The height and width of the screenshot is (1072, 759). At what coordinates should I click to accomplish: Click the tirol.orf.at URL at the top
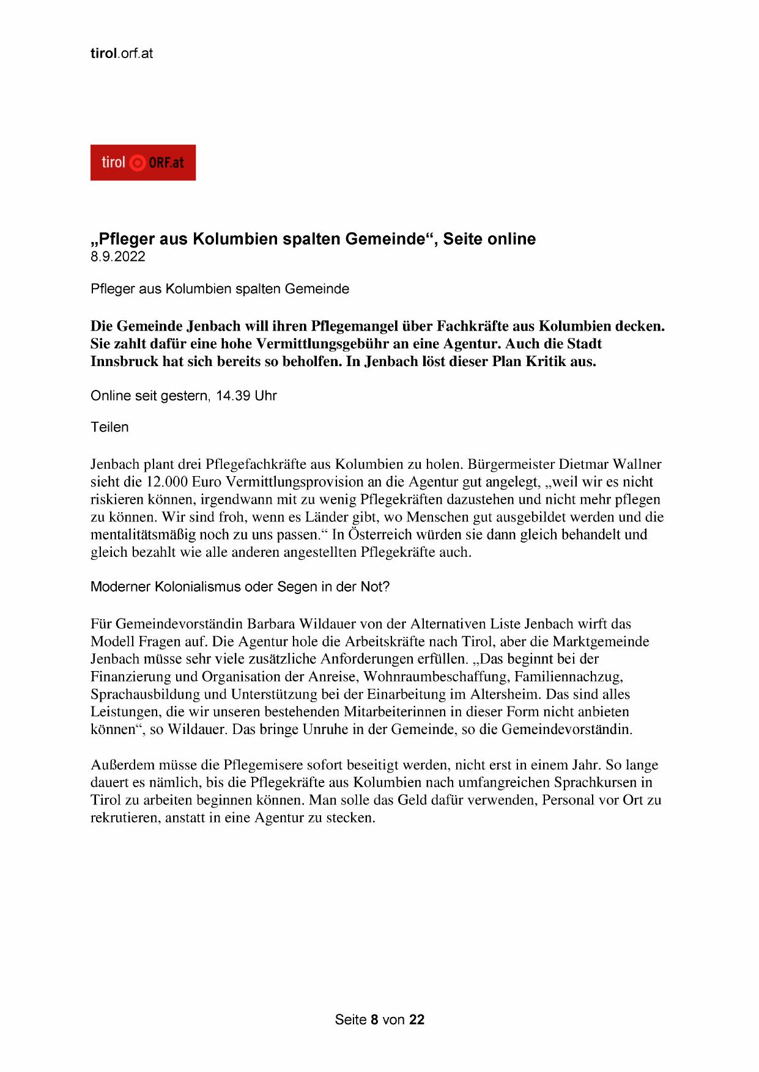(x=121, y=54)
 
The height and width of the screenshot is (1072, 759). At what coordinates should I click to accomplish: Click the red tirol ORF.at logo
(x=143, y=163)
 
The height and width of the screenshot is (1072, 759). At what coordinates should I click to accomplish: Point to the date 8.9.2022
(x=118, y=257)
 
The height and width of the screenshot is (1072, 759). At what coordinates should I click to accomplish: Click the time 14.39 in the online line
(x=233, y=396)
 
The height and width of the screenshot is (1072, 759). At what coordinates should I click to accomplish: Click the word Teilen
(x=109, y=427)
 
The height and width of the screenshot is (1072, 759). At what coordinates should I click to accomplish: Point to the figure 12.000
(x=167, y=482)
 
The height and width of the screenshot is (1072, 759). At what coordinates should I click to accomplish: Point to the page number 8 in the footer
(x=374, y=1019)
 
